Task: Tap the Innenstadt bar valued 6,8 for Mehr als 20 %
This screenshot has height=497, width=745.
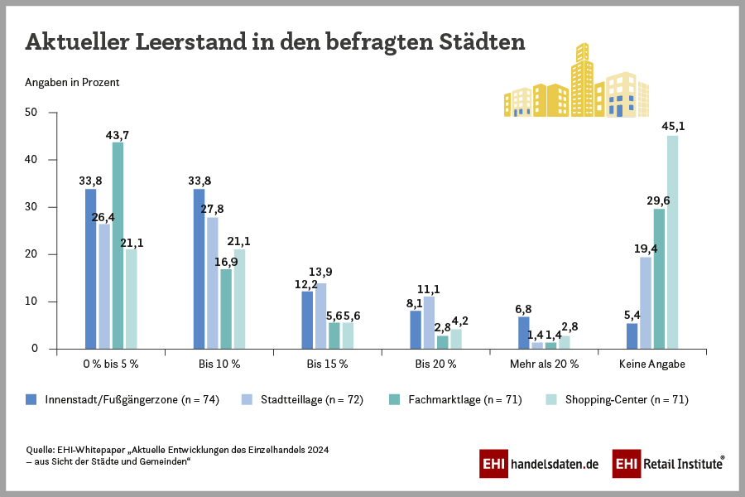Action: pyautogui.click(x=524, y=332)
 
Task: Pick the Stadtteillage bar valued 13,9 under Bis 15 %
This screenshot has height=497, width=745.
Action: pyautogui.click(x=320, y=316)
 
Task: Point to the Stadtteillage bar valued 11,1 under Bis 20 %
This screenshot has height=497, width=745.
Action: pyautogui.click(x=429, y=322)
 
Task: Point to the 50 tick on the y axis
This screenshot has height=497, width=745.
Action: pyautogui.click(x=31, y=113)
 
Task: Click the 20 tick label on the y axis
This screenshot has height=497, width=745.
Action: pyautogui.click(x=31, y=254)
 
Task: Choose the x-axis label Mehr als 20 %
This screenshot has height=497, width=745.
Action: pyautogui.click(x=544, y=364)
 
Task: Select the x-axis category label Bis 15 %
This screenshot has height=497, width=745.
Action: pyautogui.click(x=327, y=364)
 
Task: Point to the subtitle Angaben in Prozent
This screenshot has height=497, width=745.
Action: pyautogui.click(x=72, y=82)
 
